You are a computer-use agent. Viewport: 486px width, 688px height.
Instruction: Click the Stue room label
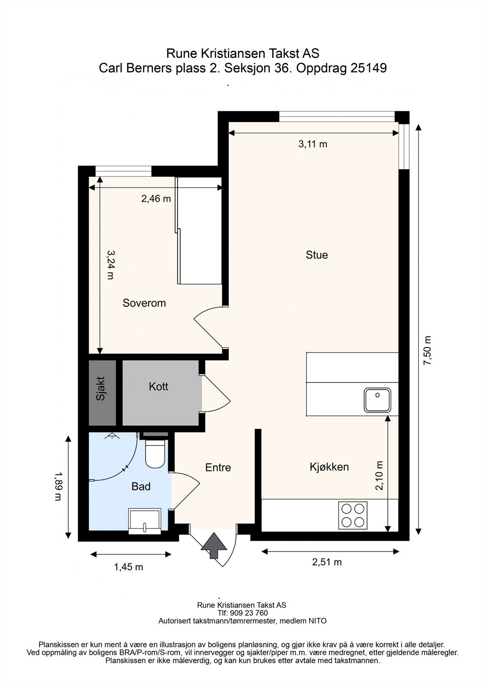click(317, 255)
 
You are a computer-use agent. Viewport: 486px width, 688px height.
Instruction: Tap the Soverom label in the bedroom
click(144, 303)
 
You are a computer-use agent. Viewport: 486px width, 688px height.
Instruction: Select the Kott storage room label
click(159, 387)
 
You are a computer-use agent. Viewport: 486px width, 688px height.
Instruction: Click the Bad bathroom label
click(141, 486)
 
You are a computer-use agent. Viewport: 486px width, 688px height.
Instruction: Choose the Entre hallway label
click(218, 467)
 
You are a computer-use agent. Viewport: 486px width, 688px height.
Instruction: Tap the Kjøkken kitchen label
click(329, 467)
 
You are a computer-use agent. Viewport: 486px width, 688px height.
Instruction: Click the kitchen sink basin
click(377, 400)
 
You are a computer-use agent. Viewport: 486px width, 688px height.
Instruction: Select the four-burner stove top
click(353, 516)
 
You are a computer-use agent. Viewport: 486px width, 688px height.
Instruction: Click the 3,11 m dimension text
click(313, 144)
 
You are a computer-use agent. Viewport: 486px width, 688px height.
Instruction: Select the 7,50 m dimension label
click(427, 350)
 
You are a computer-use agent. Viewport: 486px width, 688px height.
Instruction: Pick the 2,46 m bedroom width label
click(156, 199)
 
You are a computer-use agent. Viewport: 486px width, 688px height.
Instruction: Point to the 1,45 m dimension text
click(128, 567)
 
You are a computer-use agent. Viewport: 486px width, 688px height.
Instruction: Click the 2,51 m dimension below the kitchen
click(327, 562)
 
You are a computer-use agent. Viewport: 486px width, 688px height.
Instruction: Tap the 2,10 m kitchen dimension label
click(379, 476)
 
